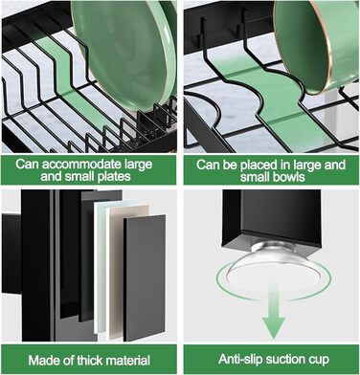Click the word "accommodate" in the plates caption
click(x=80, y=165)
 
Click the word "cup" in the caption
click(x=319, y=361)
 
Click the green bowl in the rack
click(x=316, y=45)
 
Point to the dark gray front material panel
click(x=145, y=278)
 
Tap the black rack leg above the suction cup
click(x=271, y=220)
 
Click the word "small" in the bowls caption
click(x=256, y=177)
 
